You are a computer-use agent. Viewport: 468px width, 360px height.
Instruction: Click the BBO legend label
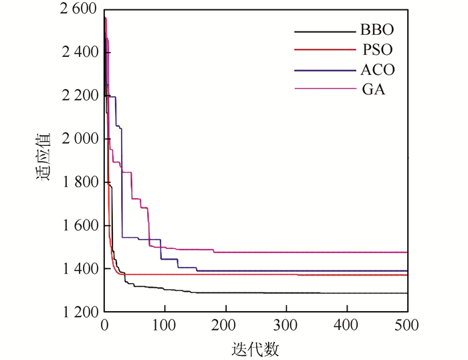pos(377,31)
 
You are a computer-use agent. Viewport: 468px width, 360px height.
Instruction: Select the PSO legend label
pos(377,50)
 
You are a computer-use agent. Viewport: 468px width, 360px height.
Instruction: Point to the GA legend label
pos(376,89)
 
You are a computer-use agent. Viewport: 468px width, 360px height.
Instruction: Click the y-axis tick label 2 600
pos(78,9)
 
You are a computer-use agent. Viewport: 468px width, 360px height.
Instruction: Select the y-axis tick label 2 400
pos(78,52)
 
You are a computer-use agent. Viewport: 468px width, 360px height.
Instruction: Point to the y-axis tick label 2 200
pos(78,96)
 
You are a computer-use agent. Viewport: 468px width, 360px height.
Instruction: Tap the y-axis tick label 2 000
pos(78,139)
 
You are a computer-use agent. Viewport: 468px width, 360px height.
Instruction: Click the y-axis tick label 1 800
pos(78,183)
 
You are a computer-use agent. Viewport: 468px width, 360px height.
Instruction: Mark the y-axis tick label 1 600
pos(78,226)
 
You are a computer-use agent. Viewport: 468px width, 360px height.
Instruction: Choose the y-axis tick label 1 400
pos(78,269)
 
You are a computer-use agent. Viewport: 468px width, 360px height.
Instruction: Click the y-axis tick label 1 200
pos(78,312)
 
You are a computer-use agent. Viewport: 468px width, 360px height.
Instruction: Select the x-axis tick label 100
pos(164,326)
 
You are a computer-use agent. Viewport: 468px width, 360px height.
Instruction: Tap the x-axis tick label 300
pos(286,326)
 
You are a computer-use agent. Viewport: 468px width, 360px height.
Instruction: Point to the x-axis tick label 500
pos(407,326)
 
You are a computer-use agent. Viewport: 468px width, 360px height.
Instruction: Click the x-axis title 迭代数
pos(257,349)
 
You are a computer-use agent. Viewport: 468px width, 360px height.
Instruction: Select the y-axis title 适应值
pos(44,160)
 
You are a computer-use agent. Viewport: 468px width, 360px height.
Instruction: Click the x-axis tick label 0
pos(104,326)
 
